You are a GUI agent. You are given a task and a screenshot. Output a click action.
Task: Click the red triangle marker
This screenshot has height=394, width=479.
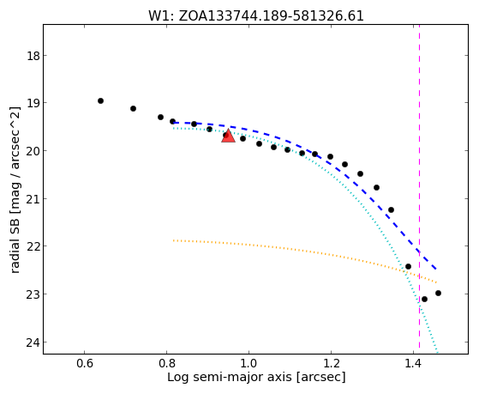tap(228, 136)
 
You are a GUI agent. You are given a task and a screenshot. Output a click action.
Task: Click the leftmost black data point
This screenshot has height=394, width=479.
tap(100, 100)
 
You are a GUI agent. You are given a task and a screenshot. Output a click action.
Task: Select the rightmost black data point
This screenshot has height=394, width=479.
tap(438, 294)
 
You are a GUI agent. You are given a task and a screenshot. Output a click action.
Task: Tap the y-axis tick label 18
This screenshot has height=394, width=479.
tap(33, 56)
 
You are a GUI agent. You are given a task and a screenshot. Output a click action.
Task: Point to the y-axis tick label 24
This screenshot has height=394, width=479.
tap(33, 342)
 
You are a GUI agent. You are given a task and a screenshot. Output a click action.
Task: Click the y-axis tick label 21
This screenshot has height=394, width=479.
tap(33, 199)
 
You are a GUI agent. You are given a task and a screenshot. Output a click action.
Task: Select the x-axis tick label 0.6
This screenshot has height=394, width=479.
tap(84, 363)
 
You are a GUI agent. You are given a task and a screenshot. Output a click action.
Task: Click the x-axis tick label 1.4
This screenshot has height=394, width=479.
tap(413, 363)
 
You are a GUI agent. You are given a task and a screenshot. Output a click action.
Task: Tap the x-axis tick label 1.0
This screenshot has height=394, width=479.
tap(248, 363)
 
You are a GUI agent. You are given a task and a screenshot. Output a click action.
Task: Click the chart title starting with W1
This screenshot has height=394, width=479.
tap(256, 15)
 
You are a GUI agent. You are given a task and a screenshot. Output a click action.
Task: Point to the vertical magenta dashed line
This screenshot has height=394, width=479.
tap(419, 186)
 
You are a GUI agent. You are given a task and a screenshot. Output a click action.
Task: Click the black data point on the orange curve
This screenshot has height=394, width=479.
tap(408, 266)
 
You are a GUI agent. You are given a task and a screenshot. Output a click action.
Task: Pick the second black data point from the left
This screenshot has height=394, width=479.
tap(133, 108)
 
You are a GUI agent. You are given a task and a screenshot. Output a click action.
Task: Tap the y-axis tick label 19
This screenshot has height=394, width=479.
tap(33, 103)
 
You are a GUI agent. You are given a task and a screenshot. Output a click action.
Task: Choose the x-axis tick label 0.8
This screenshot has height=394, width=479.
tap(166, 363)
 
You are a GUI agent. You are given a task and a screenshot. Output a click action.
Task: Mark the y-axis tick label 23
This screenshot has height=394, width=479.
tap(33, 294)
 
